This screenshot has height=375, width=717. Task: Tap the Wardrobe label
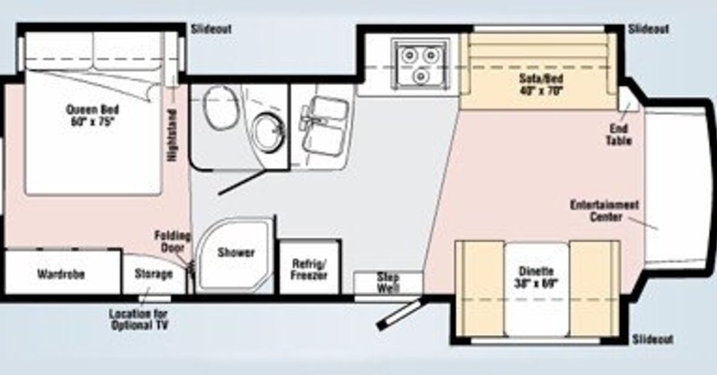click(61, 274)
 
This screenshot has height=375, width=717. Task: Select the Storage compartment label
click(153, 274)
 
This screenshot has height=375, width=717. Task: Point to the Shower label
click(235, 253)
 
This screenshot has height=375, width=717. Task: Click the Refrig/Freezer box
click(310, 269)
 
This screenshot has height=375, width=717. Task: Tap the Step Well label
click(388, 282)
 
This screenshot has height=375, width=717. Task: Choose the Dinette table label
click(537, 276)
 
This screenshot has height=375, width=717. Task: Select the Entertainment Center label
click(604, 210)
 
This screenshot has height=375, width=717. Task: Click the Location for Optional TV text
click(139, 319)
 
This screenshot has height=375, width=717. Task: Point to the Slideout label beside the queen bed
click(211, 29)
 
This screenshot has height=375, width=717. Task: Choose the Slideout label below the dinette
click(652, 339)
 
